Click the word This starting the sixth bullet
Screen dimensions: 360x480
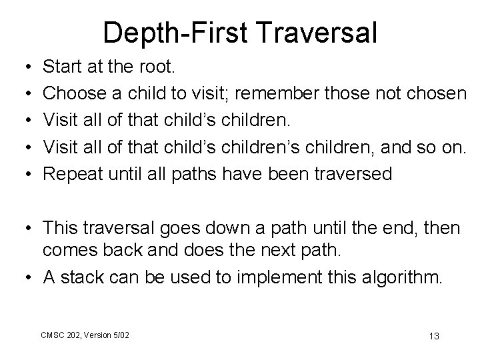tap(62, 228)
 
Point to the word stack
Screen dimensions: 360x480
tap(91, 277)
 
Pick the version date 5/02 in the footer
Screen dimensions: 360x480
tap(121, 333)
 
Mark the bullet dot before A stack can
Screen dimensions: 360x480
tap(24, 277)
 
